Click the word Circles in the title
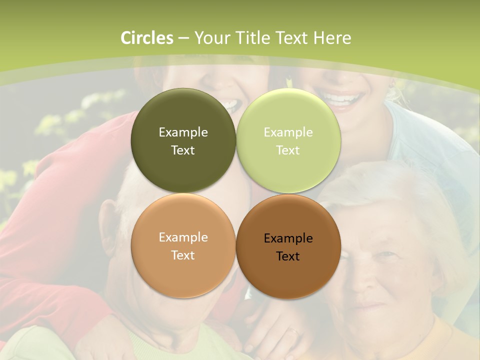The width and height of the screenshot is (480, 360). click(x=147, y=38)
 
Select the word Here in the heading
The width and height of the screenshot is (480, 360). click(x=332, y=38)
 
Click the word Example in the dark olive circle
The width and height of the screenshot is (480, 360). click(x=183, y=132)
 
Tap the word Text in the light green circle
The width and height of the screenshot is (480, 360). click(x=288, y=150)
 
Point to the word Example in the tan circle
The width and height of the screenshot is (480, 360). click(x=183, y=237)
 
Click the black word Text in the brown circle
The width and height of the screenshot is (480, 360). click(x=288, y=256)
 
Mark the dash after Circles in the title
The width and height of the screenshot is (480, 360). click(x=183, y=38)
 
